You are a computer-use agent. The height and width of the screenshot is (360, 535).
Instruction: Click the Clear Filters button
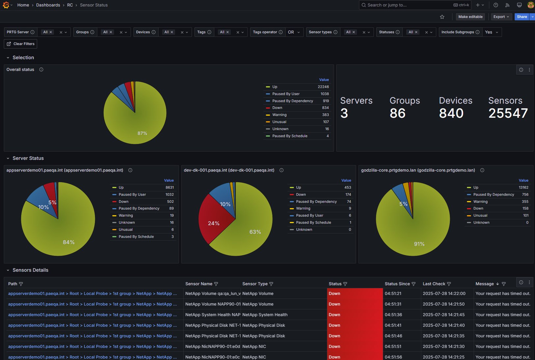(x=20, y=44)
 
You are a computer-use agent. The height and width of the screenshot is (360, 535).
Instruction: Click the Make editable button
(x=470, y=17)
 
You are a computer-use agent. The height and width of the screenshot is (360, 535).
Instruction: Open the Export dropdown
(x=501, y=17)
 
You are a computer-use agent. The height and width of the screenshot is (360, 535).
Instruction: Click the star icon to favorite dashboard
(x=442, y=17)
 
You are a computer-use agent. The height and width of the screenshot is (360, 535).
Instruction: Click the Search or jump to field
(x=408, y=5)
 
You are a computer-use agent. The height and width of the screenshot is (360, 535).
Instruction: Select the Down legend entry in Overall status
(x=277, y=108)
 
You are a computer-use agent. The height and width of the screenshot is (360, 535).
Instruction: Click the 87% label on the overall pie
(x=142, y=133)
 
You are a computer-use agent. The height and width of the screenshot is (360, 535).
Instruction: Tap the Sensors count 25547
(x=508, y=114)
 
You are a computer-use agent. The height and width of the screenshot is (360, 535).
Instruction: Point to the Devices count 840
(x=451, y=114)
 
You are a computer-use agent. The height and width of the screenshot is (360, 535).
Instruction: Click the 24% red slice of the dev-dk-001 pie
(x=214, y=223)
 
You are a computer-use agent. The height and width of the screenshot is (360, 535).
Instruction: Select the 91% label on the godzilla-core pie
(x=419, y=244)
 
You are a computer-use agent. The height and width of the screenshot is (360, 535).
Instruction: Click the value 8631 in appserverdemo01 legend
(x=170, y=188)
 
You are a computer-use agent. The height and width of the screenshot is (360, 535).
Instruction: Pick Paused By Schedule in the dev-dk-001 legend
(x=313, y=223)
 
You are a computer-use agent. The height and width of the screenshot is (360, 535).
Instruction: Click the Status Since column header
(x=397, y=284)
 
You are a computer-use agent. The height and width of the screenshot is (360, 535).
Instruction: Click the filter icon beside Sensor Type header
(x=271, y=284)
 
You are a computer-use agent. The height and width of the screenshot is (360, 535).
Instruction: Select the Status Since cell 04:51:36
(x=393, y=315)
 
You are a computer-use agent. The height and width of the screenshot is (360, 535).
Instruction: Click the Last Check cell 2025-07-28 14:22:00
(x=444, y=294)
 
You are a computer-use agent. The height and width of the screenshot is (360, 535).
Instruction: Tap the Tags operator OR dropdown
(x=294, y=32)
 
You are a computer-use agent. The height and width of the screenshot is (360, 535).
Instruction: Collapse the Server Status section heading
(x=28, y=158)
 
